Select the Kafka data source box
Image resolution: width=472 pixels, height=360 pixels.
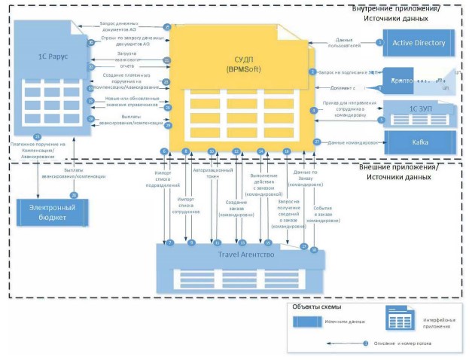click(x=420, y=142)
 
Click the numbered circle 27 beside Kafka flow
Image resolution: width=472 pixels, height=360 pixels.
click(x=317, y=142)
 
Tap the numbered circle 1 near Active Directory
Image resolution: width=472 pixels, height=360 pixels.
click(x=380, y=43)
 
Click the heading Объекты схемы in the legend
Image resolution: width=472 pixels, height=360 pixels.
click(x=316, y=307)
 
